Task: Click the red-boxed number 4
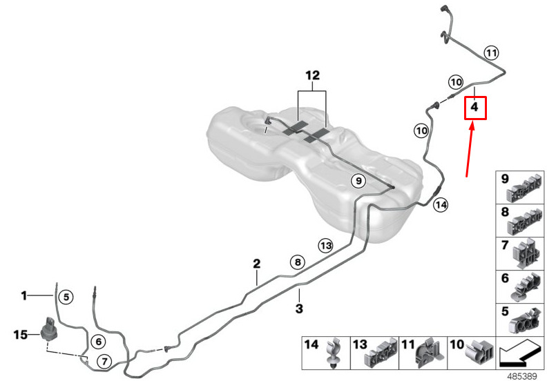point(474,107)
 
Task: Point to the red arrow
point(470,150)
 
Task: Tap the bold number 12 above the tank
point(312,76)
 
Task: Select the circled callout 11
point(491,53)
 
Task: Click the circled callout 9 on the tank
point(358,181)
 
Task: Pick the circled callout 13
point(326,246)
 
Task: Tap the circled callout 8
point(298,262)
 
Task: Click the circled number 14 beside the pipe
point(441,205)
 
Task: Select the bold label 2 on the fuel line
point(257,264)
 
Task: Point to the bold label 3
point(299,309)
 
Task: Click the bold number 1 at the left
point(23,296)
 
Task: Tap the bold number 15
point(20,335)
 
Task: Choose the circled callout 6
point(98,342)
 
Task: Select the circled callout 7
point(104,362)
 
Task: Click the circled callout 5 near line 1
point(66,297)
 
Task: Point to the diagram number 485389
point(522,376)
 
